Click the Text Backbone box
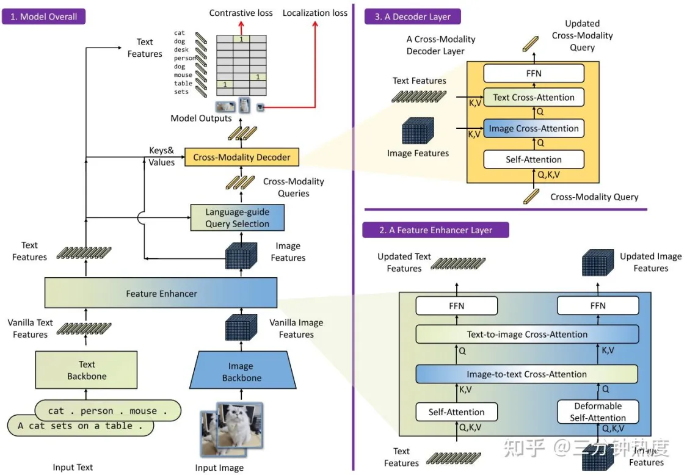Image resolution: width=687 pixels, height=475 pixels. click(x=86, y=371)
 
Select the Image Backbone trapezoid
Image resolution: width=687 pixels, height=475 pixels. click(x=242, y=371)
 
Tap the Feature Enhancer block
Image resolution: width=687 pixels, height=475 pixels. click(x=161, y=294)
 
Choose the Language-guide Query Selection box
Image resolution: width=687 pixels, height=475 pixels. click(x=238, y=218)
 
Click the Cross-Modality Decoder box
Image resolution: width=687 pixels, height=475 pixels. click(x=242, y=157)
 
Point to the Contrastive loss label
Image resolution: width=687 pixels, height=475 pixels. click(x=241, y=13)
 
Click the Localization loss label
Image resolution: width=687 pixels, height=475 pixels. click(x=314, y=13)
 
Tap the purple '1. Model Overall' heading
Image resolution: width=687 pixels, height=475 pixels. click(x=43, y=16)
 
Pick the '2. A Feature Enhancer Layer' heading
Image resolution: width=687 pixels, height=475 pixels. click(x=435, y=230)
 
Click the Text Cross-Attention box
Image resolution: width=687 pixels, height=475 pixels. click(x=534, y=97)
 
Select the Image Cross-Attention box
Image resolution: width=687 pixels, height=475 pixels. click(x=534, y=129)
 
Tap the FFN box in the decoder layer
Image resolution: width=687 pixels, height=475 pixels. click(x=534, y=73)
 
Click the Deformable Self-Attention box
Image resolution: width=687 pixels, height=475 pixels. click(x=598, y=412)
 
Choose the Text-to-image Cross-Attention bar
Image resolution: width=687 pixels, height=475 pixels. click(x=527, y=335)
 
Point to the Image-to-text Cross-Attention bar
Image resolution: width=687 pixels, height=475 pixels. click(x=527, y=374)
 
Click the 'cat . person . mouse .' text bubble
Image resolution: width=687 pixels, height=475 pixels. click(x=107, y=411)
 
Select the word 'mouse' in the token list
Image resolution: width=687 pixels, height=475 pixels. click(x=183, y=76)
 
